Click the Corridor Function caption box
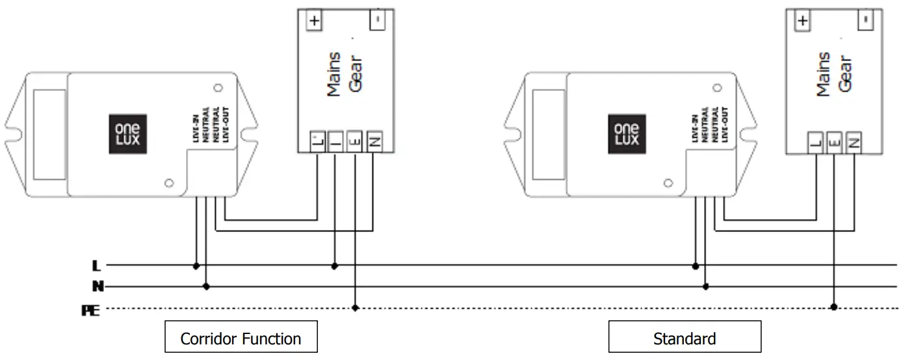[x=241, y=338]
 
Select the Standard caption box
[x=684, y=338]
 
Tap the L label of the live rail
[x=96, y=266]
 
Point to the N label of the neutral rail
[x=96, y=286]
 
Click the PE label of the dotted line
[x=90, y=311]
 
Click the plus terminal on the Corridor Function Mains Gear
[x=314, y=20]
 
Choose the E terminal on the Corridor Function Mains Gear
[x=354, y=140]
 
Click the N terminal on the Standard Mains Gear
[x=854, y=140]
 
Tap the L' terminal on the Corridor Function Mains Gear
[x=317, y=140]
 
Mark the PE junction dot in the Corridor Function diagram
[x=355, y=307]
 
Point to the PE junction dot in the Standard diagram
[x=834, y=307]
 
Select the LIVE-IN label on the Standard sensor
[x=696, y=123]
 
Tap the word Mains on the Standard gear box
[x=823, y=74]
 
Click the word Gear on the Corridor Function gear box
[x=355, y=74]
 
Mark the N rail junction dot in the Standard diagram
[x=706, y=286]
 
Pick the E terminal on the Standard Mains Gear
[x=835, y=140]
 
